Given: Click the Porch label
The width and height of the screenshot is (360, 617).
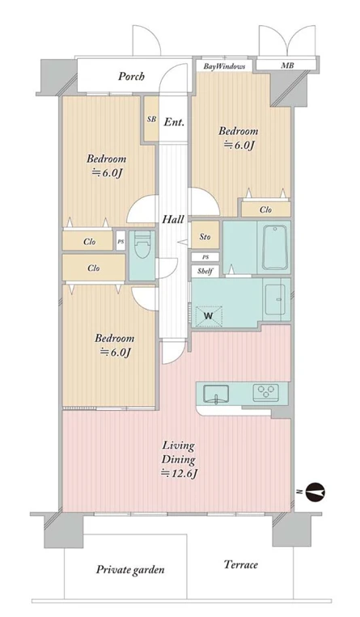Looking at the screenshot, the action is point(131,76).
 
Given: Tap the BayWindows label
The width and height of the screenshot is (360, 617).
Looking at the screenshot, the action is point(224,66).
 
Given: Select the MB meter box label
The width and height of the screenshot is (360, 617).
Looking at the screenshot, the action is point(286,66).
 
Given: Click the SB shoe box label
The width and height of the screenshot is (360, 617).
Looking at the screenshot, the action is point(151,119).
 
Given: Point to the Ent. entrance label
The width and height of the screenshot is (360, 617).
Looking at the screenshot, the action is point(174,122).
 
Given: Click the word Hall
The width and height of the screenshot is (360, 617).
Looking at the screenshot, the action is point(173,219).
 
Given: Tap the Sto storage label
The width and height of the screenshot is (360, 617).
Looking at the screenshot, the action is point(205,237).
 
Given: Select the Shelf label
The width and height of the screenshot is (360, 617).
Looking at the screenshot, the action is point(205,271).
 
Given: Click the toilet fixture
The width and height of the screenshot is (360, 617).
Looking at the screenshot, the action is point(142,245).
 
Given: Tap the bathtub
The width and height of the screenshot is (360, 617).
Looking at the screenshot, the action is point(274,247).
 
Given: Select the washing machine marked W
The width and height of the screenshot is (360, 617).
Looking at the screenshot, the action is point(209,316).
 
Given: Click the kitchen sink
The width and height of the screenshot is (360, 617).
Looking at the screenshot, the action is point(216,394).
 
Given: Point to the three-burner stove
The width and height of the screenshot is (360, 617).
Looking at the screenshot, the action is point(265,391).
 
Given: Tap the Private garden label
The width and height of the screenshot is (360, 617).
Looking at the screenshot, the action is point(130,569).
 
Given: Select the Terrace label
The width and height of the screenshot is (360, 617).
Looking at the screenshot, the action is point(240,564).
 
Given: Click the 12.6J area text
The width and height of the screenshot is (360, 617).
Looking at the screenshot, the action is point(179,474).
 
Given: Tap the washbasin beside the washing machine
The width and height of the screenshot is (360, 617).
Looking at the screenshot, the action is point(275,298).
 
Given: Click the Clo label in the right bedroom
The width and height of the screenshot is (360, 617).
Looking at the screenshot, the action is point(265,209).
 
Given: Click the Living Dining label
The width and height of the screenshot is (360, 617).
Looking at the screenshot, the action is point(180,453).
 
